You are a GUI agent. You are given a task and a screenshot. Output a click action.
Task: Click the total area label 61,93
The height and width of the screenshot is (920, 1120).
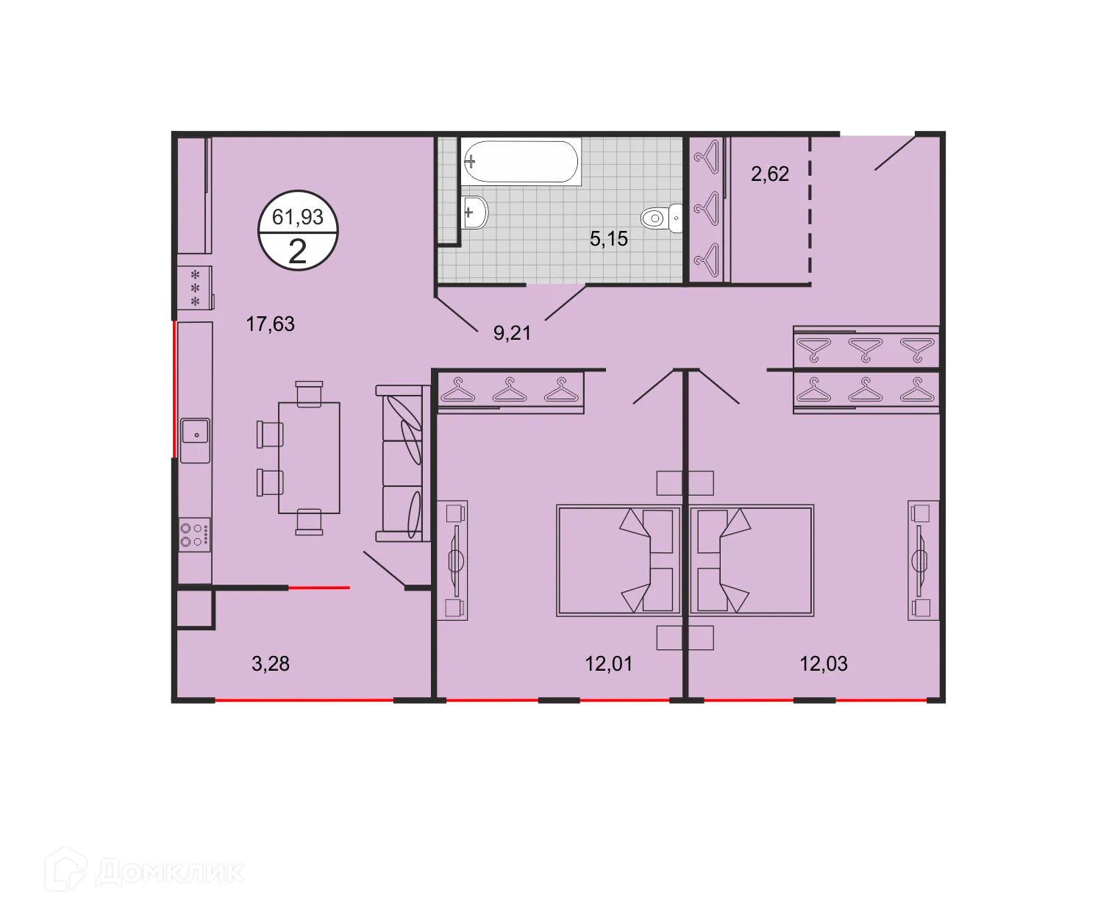(x=298, y=217)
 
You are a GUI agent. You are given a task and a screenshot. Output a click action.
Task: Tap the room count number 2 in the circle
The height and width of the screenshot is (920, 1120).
(x=298, y=252)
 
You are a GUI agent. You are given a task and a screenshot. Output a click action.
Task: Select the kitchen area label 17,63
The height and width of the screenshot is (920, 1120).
(x=270, y=324)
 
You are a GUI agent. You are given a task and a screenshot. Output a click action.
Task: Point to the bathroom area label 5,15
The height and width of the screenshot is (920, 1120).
(x=609, y=238)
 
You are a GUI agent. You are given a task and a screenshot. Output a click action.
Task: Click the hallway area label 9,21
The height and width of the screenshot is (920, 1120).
(x=512, y=333)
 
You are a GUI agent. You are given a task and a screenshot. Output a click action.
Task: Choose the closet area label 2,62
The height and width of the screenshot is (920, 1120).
(x=769, y=174)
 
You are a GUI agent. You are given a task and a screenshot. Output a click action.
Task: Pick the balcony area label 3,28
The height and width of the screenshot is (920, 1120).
(x=271, y=663)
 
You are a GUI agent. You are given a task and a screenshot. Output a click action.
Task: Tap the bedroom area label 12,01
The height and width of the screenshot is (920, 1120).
(x=608, y=663)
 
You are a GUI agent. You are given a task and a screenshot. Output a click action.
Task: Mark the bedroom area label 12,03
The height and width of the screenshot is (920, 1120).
(x=824, y=663)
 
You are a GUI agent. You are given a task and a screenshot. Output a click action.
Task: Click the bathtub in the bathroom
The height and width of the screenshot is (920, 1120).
(x=521, y=161)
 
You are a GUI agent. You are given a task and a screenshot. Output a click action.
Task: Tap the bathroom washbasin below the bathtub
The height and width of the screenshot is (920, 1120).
(x=475, y=213)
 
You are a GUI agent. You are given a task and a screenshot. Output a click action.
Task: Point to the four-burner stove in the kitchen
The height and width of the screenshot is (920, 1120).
(x=195, y=534)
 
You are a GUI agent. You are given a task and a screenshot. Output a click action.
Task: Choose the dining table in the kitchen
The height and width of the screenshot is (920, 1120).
(x=309, y=457)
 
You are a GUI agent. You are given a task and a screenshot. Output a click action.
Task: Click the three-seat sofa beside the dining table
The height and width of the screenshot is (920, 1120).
(x=402, y=463)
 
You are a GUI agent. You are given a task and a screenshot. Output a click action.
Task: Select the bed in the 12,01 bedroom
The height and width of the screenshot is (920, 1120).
(x=618, y=560)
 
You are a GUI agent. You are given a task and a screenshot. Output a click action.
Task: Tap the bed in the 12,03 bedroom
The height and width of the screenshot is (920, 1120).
(x=752, y=560)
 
